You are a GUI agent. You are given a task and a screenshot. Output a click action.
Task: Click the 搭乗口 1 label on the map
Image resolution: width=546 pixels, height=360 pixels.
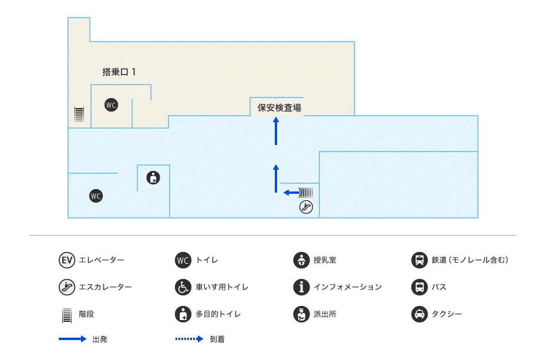pos(119,72)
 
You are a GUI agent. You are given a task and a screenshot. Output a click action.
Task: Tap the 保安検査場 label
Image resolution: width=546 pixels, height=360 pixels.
pos(279,108)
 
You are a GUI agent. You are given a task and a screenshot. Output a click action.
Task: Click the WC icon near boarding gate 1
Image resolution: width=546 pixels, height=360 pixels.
pos(111,105)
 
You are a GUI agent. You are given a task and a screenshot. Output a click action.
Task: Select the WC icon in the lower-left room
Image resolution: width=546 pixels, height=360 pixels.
pos(96,196)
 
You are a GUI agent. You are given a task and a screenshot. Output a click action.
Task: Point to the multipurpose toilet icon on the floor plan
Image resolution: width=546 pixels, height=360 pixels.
pos(153,177)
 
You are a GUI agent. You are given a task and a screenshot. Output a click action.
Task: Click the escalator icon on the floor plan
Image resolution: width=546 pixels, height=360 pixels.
pos(306,206)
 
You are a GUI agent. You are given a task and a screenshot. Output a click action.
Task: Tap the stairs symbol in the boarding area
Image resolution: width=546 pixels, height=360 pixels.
pos(79,113)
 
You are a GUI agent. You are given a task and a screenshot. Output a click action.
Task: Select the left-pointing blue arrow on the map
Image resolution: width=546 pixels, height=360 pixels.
pos(290,192)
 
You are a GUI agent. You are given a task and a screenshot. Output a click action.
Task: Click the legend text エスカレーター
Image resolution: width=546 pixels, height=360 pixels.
pos(105,287)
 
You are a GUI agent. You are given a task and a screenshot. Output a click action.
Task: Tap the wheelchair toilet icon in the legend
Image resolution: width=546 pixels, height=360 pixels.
pos(183,287)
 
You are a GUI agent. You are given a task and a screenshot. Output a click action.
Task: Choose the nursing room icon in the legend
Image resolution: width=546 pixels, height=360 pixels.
pos(301,260)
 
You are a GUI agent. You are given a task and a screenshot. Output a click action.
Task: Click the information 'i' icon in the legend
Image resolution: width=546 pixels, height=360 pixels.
pos(301,287)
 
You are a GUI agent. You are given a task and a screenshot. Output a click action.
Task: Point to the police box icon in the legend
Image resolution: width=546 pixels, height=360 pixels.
pos(301,314)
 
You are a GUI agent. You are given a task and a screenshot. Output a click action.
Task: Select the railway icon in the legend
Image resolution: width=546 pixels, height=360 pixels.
pos(419,260)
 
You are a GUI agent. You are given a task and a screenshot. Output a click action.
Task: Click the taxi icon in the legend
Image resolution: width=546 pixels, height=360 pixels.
pos(419,314)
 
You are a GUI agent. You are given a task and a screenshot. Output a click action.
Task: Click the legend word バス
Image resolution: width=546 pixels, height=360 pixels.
pos(439,287)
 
